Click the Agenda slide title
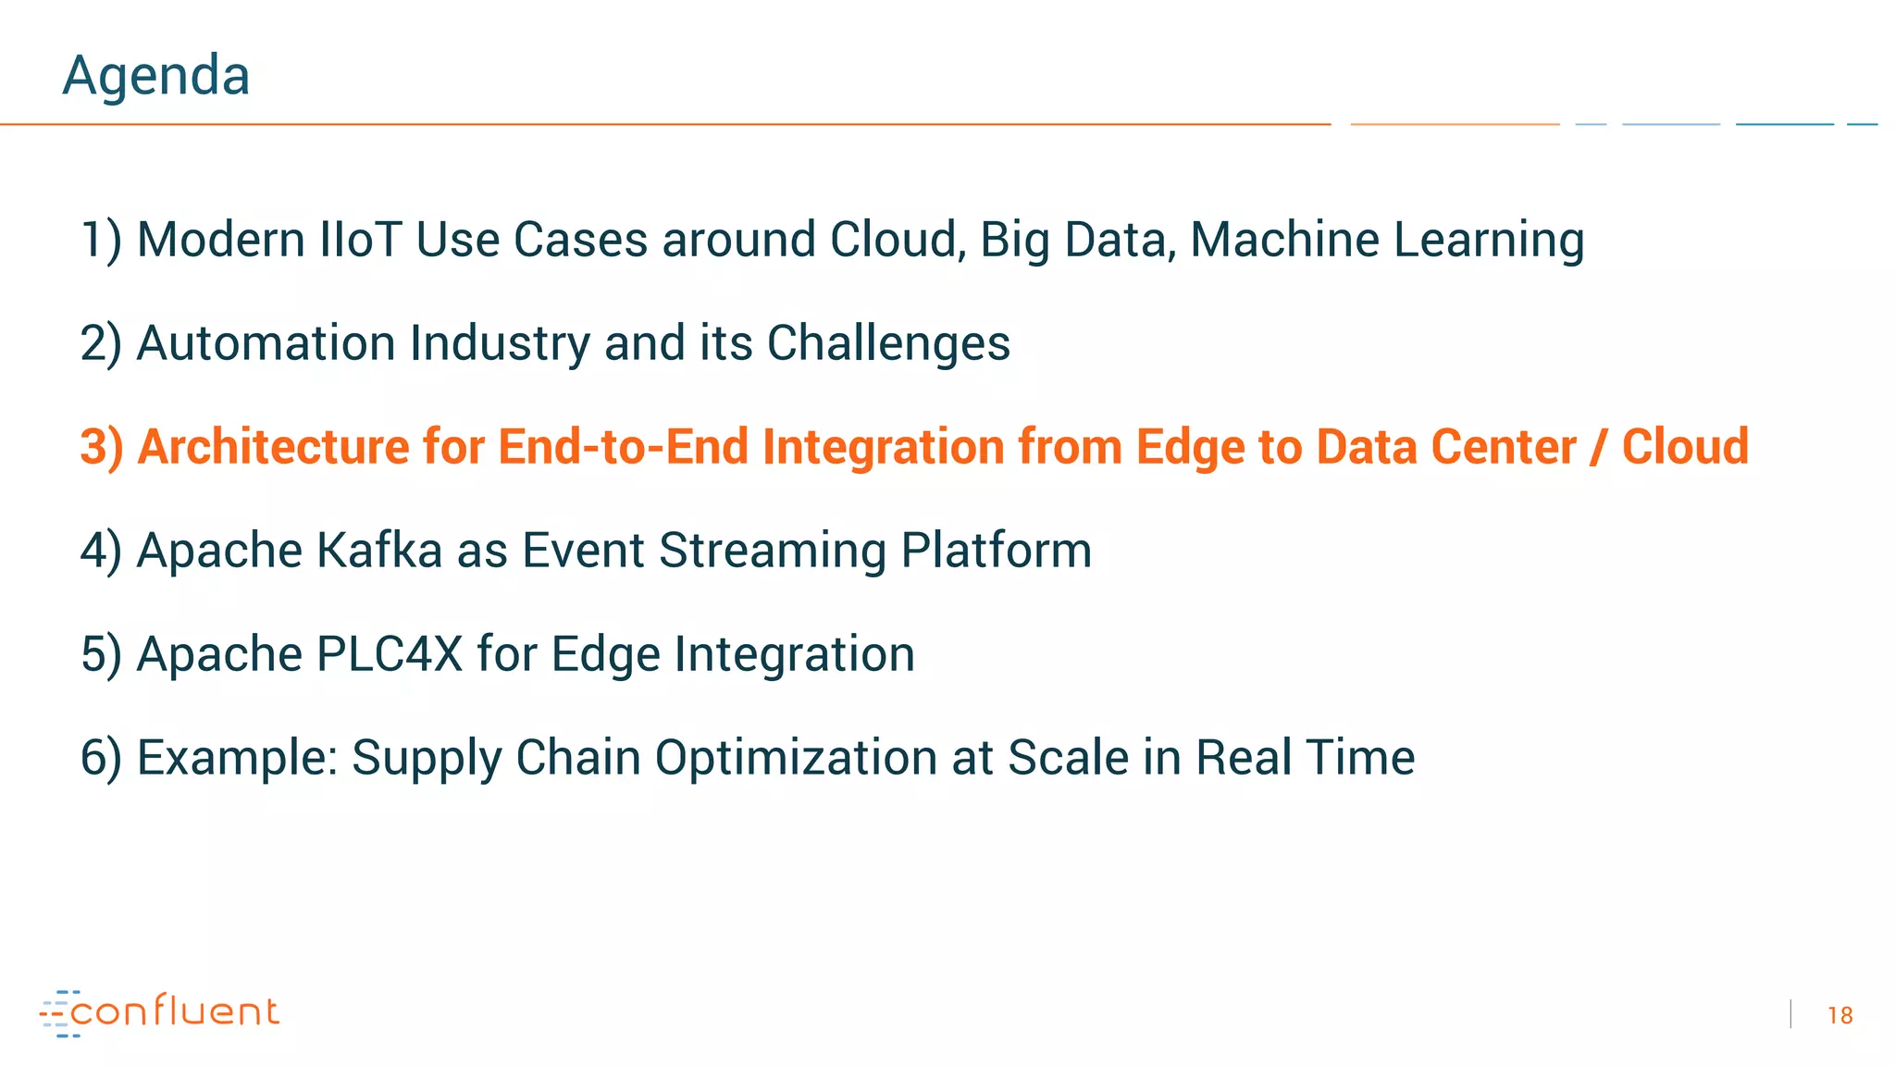[x=155, y=75]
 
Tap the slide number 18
[x=1839, y=1015]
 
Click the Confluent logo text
[x=175, y=1011]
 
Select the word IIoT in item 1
[x=359, y=240]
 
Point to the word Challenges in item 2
[x=888, y=343]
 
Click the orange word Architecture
[x=273, y=447]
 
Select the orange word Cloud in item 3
[x=1685, y=447]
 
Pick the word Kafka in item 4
[x=379, y=551]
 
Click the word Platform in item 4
[x=996, y=551]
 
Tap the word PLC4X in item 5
[x=389, y=654]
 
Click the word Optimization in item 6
[x=796, y=758]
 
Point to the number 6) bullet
[x=100, y=758]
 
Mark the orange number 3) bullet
[x=101, y=447]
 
